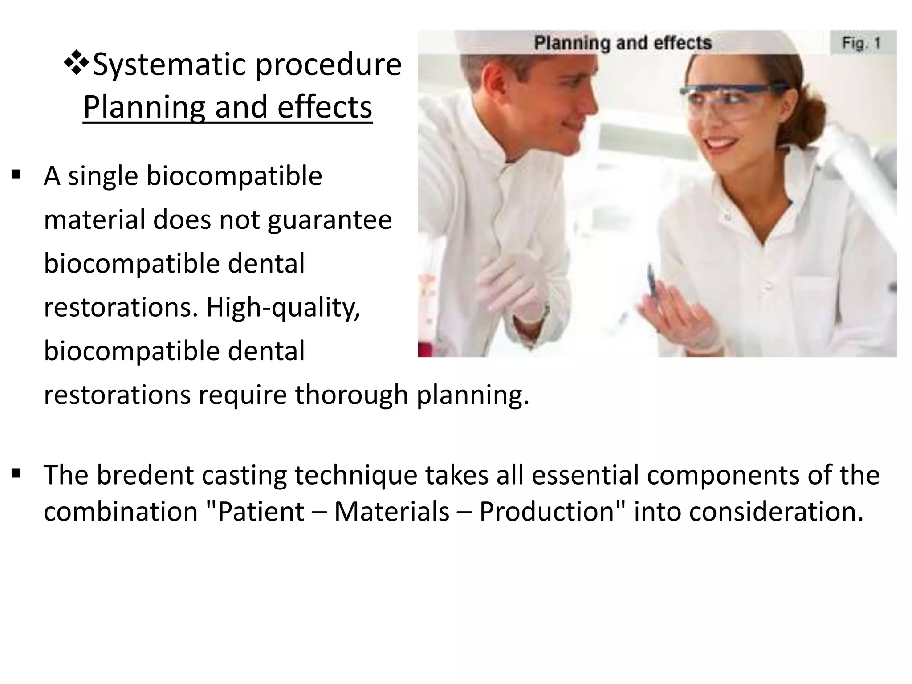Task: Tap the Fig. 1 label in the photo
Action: click(x=861, y=44)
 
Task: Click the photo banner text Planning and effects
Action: click(x=623, y=44)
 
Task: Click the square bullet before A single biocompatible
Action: click(x=16, y=174)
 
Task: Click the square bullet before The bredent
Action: click(x=16, y=473)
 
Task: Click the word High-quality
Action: click(x=282, y=308)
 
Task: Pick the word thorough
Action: click(x=351, y=395)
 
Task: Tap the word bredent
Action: click(x=145, y=475)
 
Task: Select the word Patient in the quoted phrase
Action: click(x=261, y=511)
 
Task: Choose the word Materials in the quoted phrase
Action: click(x=392, y=511)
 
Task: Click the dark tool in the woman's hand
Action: click(x=651, y=281)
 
